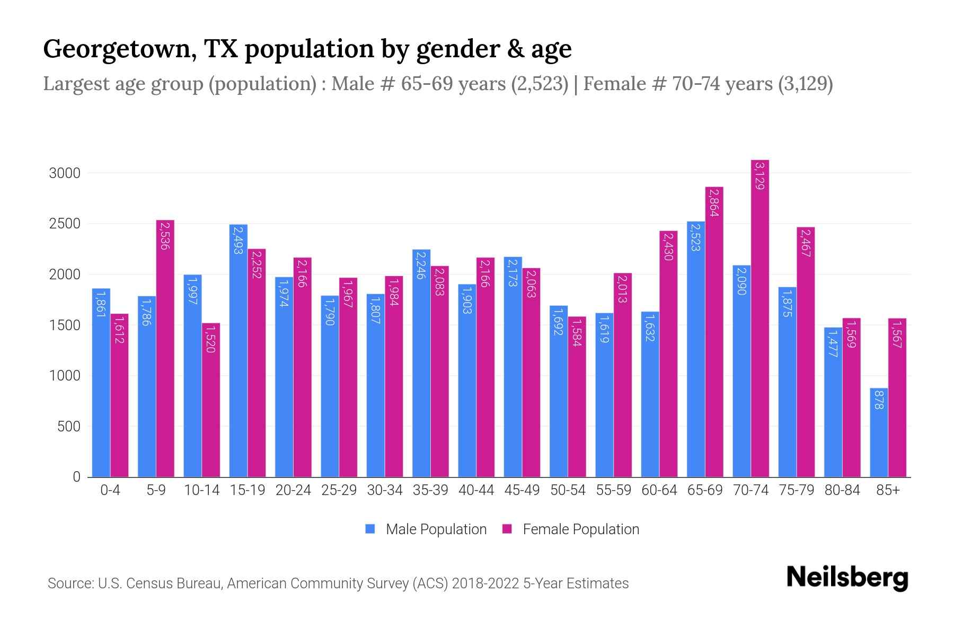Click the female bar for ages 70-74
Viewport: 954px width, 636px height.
(x=759, y=318)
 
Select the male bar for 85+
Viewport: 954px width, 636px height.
(x=879, y=432)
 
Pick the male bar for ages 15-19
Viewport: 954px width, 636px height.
(x=238, y=350)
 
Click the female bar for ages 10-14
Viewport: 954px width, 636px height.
(x=211, y=400)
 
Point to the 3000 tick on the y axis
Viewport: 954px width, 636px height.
(x=65, y=173)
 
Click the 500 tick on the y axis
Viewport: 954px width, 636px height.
(x=69, y=427)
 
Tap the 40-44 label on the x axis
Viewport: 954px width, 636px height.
(x=476, y=490)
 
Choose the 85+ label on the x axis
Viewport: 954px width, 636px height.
(x=888, y=490)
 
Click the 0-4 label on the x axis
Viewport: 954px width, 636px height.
(x=110, y=490)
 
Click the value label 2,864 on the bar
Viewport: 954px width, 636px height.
(x=714, y=203)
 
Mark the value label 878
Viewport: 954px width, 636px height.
(x=879, y=399)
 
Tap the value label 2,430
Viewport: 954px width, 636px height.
(x=668, y=246)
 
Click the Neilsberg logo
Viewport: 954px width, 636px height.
(x=847, y=578)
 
